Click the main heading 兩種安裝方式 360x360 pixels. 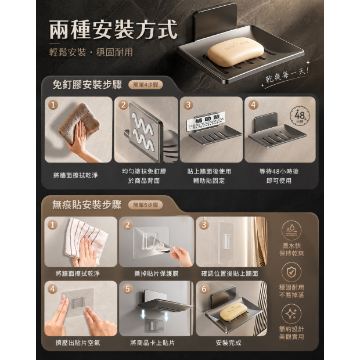tap(113, 30)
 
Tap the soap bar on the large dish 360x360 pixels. tap(235, 52)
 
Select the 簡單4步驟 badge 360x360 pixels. tap(146, 85)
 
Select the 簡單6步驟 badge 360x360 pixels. tap(146, 205)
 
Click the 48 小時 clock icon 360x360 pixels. tap(300, 116)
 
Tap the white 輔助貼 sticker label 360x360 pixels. tap(206, 122)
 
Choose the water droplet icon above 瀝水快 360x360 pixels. tap(291, 231)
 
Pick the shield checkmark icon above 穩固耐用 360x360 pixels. tap(291, 272)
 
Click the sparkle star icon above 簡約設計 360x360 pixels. tap(291, 314)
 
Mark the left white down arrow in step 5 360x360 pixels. tap(143, 314)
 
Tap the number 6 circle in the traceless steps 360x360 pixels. tap(204, 289)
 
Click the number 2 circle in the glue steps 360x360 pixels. tap(123, 105)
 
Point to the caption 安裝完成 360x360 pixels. tap(228, 343)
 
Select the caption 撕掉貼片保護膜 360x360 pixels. tap(156, 273)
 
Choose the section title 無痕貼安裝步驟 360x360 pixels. tap(87, 204)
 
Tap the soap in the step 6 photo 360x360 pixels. tap(234, 311)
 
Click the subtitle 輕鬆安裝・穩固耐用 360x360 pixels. tap(91, 53)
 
